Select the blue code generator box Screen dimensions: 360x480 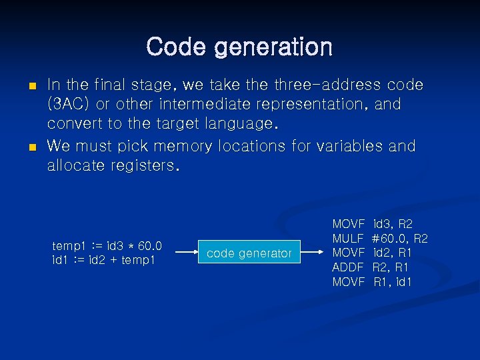[x=249, y=253]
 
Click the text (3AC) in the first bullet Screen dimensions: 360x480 [x=68, y=105]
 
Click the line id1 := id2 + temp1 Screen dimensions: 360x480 [x=103, y=259]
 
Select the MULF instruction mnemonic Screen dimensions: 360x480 [x=348, y=238]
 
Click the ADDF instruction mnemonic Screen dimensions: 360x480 [x=348, y=267]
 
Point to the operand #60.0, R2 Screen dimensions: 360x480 [x=399, y=238]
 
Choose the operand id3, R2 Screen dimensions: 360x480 [x=393, y=223]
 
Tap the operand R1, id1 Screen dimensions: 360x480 [x=393, y=282]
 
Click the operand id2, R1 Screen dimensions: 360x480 [x=393, y=253]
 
